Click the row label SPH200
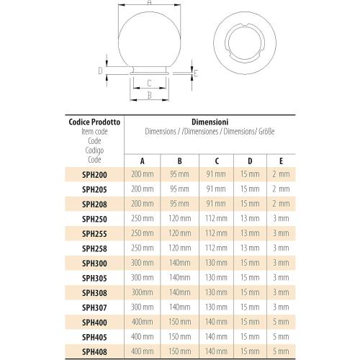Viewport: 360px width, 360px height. pos(95,174)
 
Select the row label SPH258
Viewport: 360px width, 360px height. pos(95,248)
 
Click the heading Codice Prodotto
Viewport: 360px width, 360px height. pos(94,123)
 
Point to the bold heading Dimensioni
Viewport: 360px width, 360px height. pos(210,123)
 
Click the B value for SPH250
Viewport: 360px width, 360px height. pos(179,219)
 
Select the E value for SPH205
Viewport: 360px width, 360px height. pos(282,189)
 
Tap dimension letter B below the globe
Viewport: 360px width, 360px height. pos(148,94)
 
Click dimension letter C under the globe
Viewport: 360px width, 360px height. pos(148,83)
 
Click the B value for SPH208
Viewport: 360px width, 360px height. pos(179,204)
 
